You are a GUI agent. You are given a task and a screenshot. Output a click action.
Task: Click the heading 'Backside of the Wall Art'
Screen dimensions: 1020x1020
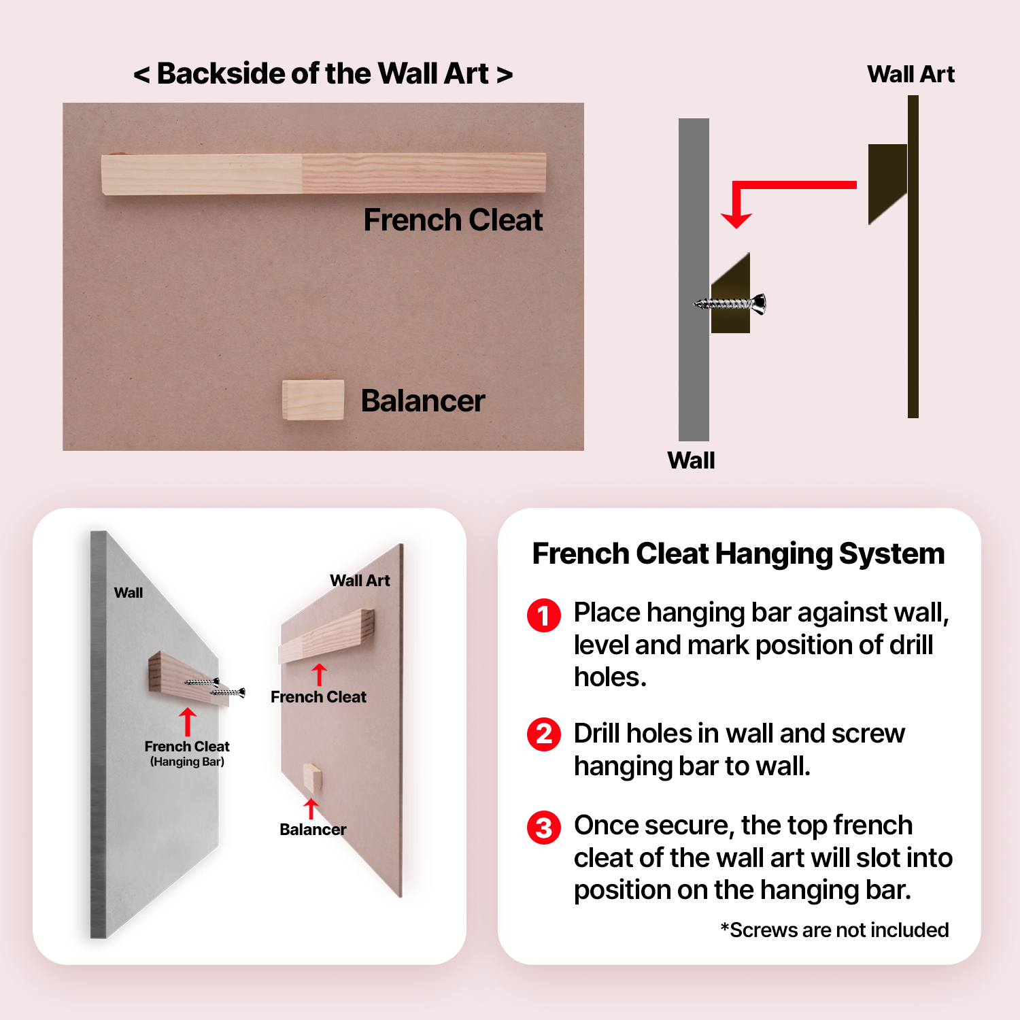coord(323,73)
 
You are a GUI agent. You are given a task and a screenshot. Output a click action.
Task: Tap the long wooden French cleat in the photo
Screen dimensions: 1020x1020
coord(323,173)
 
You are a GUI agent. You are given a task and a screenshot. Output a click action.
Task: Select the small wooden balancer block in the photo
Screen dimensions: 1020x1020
coord(313,399)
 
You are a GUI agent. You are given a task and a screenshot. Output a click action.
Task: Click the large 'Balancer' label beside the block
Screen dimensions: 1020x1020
coord(422,401)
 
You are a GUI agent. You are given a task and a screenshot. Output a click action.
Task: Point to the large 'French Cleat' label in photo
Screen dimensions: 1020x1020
coord(453,220)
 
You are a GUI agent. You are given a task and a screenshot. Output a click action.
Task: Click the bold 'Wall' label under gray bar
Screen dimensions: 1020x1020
coord(691,460)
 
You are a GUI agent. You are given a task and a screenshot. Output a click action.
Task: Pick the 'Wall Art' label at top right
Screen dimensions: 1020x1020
coord(911,74)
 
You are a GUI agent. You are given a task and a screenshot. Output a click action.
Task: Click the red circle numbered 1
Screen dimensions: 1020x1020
coord(544,615)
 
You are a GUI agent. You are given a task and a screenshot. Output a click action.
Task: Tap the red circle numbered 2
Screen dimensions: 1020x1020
coord(544,734)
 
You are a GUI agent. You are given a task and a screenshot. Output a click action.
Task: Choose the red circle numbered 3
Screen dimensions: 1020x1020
coord(544,827)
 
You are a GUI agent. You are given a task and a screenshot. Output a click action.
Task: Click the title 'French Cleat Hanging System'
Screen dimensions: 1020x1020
coord(738,554)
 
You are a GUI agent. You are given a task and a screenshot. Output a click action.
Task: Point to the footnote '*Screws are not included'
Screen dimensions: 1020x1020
coord(834,930)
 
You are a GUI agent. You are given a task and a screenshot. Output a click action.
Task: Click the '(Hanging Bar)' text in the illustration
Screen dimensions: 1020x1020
coord(187,762)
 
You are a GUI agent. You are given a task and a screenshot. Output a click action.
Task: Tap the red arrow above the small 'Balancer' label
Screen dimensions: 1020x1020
coord(311,809)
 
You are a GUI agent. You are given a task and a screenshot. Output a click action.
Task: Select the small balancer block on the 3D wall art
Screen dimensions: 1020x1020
coord(312,778)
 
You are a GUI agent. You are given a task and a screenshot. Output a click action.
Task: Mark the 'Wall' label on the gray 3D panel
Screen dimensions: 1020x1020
coord(129,592)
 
